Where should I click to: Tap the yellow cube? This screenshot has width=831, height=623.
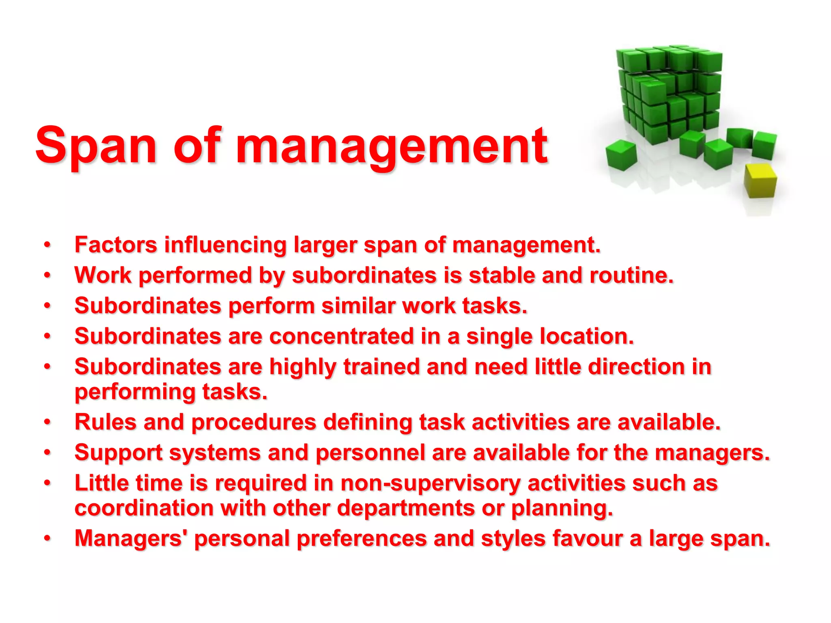760,180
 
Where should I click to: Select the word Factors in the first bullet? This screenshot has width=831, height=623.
116,245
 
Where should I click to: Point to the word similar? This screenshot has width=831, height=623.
358,306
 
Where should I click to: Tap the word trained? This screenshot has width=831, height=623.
381,367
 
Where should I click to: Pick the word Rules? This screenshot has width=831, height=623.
105,422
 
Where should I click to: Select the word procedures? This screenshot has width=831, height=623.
254,423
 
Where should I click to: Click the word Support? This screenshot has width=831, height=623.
118,453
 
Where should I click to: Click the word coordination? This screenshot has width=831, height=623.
144,508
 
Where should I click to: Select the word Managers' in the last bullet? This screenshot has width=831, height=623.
128,539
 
